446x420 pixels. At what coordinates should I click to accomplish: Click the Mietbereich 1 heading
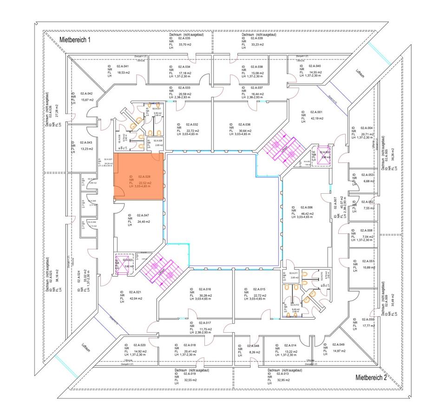(75, 40)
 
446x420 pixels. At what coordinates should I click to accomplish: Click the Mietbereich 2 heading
(371, 378)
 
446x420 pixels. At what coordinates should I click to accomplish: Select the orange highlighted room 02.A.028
(139, 177)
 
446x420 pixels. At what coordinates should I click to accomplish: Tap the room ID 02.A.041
(123, 66)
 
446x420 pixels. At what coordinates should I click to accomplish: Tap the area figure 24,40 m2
(143, 222)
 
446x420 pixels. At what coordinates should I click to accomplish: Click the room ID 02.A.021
(135, 292)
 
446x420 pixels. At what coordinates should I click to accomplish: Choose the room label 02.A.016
(205, 289)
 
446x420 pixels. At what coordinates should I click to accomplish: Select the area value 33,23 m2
(257, 45)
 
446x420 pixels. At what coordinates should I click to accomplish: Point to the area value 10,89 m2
(368, 268)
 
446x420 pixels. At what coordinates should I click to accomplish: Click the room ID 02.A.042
(86, 93)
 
